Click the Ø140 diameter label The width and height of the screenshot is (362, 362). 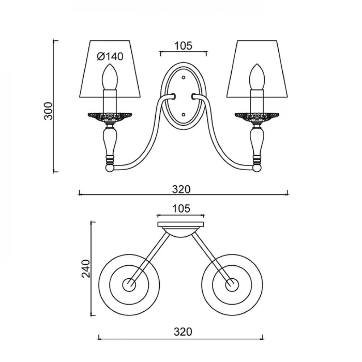pyautogui.click(x=110, y=56)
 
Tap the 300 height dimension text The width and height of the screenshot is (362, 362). pyautogui.click(x=49, y=111)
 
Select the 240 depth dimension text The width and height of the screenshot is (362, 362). pyautogui.click(x=86, y=269)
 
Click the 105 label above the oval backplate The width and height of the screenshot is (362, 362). pyautogui.click(x=183, y=46)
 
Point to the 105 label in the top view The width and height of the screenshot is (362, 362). pyautogui.click(x=181, y=209)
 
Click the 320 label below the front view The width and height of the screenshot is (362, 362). pyautogui.click(x=181, y=190)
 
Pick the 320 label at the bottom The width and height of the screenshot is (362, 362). pyautogui.click(x=183, y=332)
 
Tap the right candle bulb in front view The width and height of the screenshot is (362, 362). pyautogui.click(x=257, y=77)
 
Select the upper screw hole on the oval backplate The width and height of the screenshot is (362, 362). pyautogui.click(x=184, y=77)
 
